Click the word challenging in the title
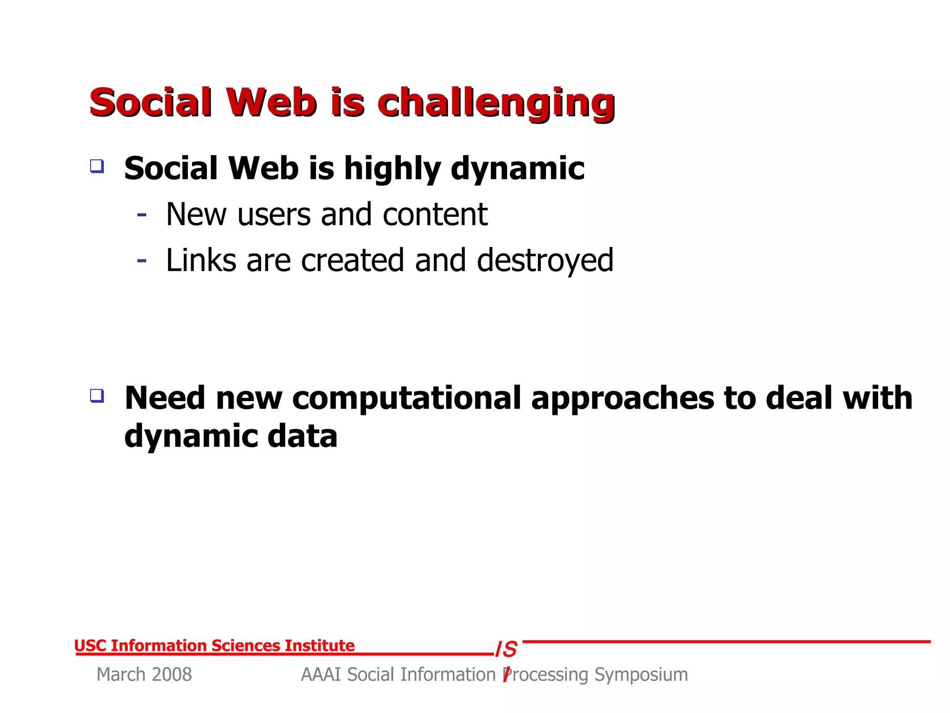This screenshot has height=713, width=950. [x=496, y=103]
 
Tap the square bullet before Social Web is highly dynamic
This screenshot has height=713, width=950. [x=97, y=166]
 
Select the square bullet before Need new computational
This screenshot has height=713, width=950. [x=97, y=395]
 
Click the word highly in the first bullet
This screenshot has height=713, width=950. [x=392, y=169]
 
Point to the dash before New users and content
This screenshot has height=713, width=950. [x=142, y=215]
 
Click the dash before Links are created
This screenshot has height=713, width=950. [x=142, y=261]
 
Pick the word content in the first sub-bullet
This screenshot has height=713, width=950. [x=435, y=214]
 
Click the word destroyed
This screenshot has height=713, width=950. [x=545, y=261]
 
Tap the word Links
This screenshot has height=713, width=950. [x=201, y=260]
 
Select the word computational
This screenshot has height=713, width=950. [x=406, y=398]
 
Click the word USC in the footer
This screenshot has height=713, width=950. [x=90, y=646]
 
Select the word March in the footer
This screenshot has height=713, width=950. [x=121, y=674]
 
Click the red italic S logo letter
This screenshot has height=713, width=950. [x=510, y=649]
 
